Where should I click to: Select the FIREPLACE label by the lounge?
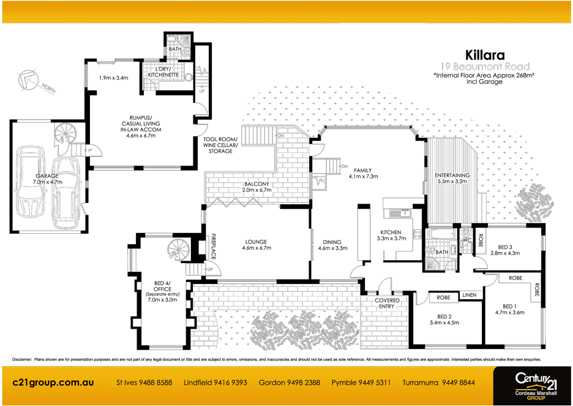click(x=214, y=245)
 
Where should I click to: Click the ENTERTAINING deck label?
click(x=452, y=175)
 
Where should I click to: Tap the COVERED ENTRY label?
click(x=387, y=304)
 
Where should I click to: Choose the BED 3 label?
click(x=504, y=246)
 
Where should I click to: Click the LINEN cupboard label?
click(x=470, y=294)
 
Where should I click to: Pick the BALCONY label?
click(x=257, y=184)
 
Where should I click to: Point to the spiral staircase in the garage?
click(x=63, y=133)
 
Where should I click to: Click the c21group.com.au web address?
click(x=53, y=382)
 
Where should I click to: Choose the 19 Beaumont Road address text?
click(x=485, y=66)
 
